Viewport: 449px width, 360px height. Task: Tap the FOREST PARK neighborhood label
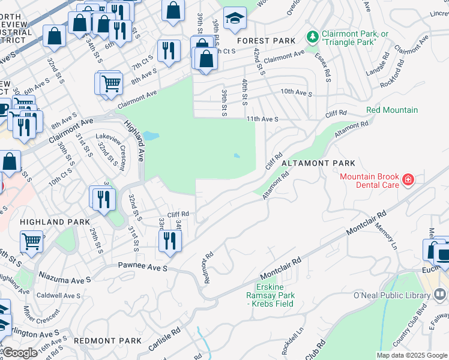267,41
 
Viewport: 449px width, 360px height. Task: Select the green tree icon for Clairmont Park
312,37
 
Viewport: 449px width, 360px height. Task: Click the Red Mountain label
392,110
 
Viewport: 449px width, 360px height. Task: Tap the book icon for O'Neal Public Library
441,295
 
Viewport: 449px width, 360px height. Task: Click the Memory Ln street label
386,236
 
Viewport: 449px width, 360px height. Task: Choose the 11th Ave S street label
262,119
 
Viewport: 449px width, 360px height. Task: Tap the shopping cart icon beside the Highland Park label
31,242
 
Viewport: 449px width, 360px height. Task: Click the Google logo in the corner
20,353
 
